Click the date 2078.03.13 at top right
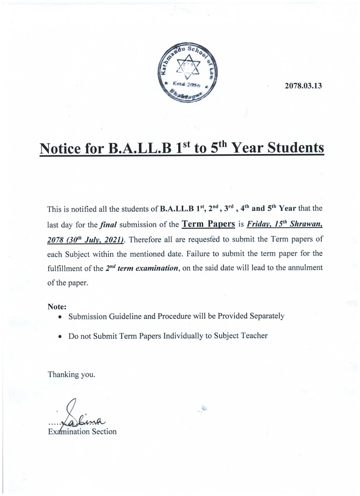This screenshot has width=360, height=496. point(303,86)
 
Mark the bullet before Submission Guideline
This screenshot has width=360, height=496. point(61,317)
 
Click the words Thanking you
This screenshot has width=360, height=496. point(71,374)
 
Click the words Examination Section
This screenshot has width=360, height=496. point(82,431)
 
